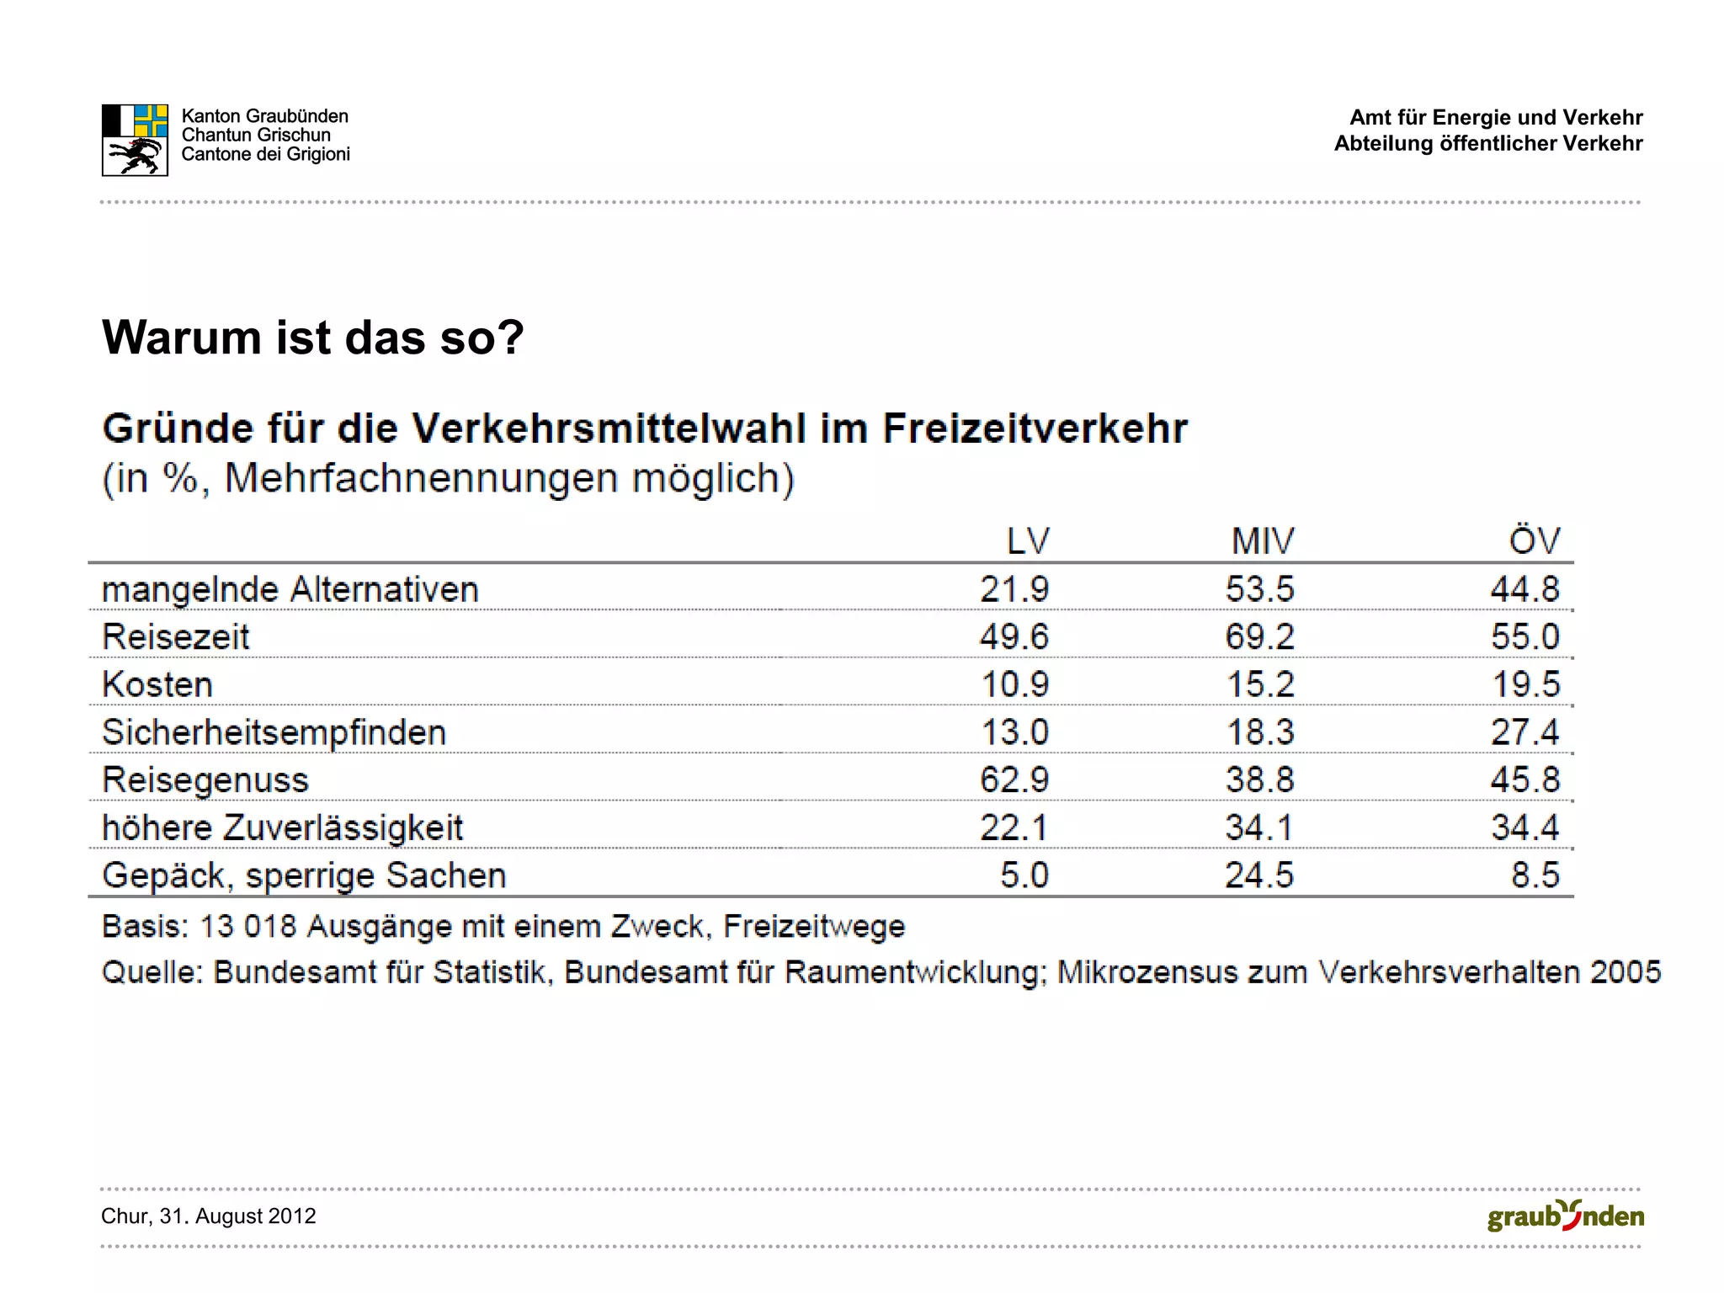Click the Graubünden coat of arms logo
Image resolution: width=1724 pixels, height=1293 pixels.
pyautogui.click(x=135, y=140)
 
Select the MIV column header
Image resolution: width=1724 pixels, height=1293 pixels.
pyautogui.click(x=1263, y=540)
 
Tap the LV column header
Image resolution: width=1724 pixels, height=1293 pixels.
pyautogui.click(x=1028, y=540)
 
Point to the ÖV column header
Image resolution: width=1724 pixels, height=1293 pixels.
pyautogui.click(x=1534, y=540)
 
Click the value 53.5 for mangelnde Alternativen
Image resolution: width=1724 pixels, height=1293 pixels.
pyautogui.click(x=1259, y=588)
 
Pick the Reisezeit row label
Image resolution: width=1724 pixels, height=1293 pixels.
pyautogui.click(x=176, y=636)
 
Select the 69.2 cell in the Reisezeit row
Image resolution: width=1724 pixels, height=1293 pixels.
pyautogui.click(x=1259, y=636)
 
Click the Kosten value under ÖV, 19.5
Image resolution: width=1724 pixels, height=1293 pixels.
pyautogui.click(x=1525, y=684)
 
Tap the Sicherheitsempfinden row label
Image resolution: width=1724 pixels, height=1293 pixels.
pyautogui.click(x=274, y=732)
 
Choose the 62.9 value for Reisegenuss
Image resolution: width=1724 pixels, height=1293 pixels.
pyautogui.click(x=1014, y=780)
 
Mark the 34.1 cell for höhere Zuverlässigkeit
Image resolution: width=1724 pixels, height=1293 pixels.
pyautogui.click(x=1258, y=827)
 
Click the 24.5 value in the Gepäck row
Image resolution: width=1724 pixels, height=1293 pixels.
pyautogui.click(x=1258, y=875)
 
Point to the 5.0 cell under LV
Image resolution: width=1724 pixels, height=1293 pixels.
pyautogui.click(x=1024, y=875)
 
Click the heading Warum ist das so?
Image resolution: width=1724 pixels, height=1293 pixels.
pyautogui.click(x=312, y=338)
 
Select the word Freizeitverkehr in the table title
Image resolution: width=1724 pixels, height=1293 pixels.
pyautogui.click(x=1035, y=428)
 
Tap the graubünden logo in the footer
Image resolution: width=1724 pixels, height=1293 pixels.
pyautogui.click(x=1565, y=1216)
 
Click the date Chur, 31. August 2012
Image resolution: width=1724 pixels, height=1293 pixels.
pyautogui.click(x=208, y=1216)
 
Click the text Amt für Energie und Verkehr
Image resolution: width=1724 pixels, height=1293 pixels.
pyautogui.click(x=1496, y=117)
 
